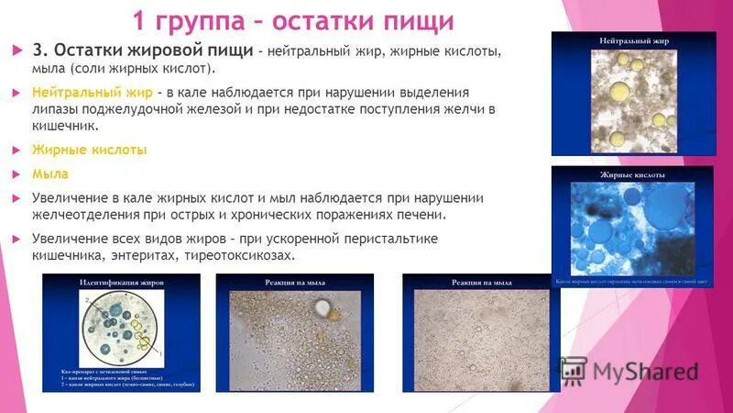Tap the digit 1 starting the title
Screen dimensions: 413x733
point(140,19)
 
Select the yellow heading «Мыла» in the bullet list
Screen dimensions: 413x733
point(49,173)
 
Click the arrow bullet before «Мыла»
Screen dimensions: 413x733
point(17,173)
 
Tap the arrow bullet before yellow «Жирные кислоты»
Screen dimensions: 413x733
point(17,150)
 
